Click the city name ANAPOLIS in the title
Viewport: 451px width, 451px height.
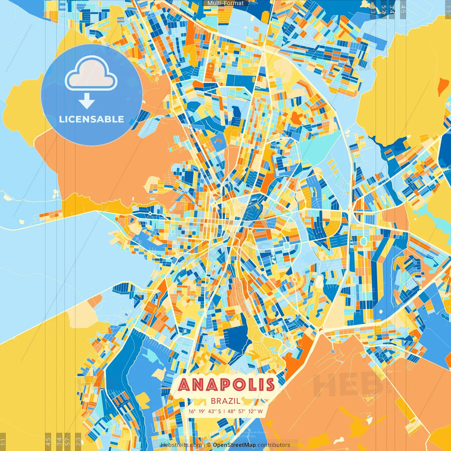(x=226, y=385)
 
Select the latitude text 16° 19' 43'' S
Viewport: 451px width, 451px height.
(x=205, y=411)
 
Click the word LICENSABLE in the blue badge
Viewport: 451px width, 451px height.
(x=92, y=119)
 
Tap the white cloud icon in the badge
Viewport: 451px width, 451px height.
(x=91, y=73)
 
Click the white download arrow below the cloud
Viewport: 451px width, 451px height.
(x=87, y=101)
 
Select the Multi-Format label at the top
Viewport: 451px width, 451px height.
(x=225, y=3)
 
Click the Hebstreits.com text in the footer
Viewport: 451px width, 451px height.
(x=181, y=445)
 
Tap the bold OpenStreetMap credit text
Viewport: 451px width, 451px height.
(x=234, y=445)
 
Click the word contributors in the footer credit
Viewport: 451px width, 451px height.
(x=274, y=445)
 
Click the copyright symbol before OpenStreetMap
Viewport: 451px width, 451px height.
(x=209, y=445)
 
